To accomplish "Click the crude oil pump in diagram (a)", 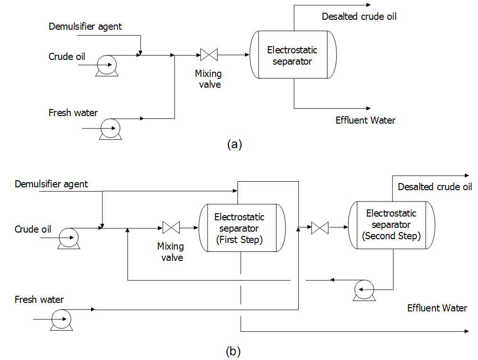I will point(107,64).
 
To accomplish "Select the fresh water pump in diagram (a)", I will point(110,128).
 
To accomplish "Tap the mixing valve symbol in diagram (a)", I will point(208,55).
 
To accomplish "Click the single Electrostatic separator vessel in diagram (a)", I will point(293,55).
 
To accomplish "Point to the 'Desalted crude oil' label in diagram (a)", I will point(359,17).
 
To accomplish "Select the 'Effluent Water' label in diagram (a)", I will point(365,120).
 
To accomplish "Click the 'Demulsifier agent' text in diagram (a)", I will point(85,26).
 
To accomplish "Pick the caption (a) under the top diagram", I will point(234,144).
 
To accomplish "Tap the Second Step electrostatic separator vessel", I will point(391,225).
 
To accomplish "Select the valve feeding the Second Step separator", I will point(320,228).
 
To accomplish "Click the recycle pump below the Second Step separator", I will point(364,290).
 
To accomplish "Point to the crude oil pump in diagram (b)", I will point(69,238).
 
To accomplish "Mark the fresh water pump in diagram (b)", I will point(61,319).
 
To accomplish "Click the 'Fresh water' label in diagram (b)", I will point(39,300).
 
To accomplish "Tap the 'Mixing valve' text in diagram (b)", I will point(170,252).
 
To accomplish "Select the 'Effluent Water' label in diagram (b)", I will point(437,308).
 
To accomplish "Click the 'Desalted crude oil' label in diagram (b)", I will point(435,187).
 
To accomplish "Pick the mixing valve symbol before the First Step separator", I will point(170,228).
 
